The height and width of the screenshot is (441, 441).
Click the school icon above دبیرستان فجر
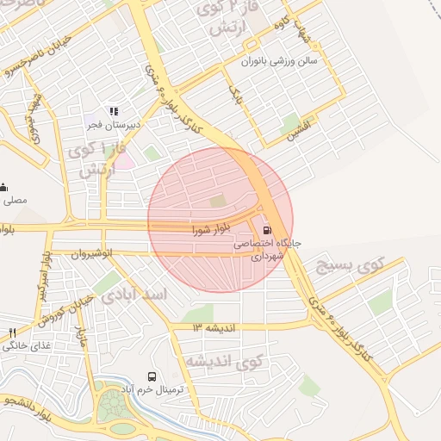112,111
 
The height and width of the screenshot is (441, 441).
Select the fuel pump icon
266,230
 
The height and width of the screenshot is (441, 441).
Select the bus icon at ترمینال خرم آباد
152,376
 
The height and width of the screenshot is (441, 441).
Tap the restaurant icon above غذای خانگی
12,332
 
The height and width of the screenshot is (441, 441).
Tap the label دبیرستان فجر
110,124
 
